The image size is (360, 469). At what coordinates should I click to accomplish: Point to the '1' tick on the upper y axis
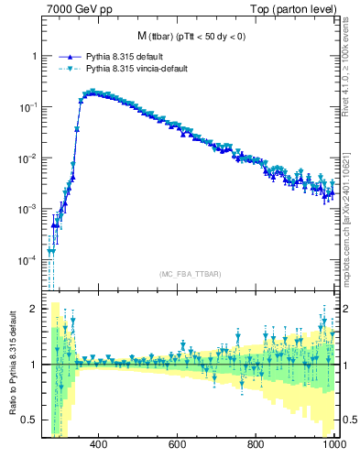[34, 56]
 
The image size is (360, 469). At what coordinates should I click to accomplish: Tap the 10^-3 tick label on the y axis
[27, 210]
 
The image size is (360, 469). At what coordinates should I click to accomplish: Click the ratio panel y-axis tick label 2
[34, 309]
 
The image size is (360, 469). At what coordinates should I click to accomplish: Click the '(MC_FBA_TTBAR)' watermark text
[189, 274]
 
